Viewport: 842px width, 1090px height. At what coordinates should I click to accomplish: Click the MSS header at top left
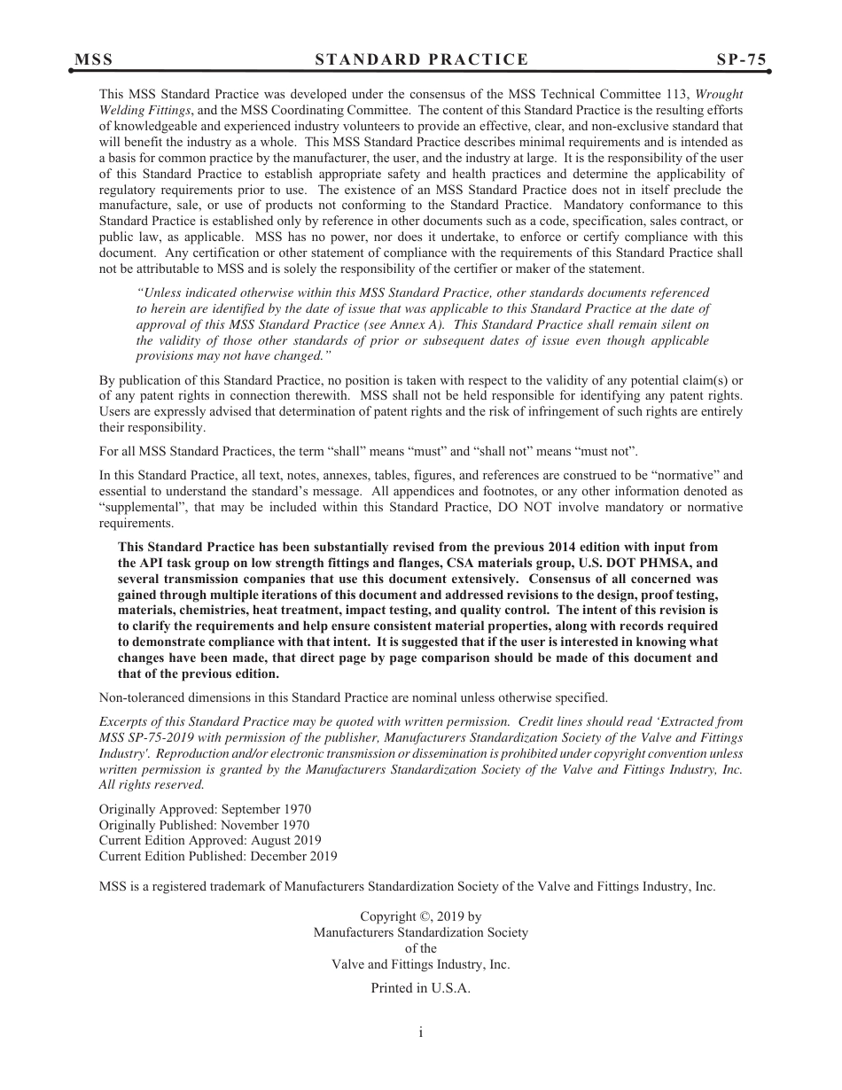(93, 59)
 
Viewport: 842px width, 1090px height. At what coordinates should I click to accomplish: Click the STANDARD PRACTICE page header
(421, 59)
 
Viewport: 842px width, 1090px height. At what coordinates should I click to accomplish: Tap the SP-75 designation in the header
(742, 59)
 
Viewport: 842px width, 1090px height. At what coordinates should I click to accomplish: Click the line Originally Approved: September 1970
(205, 809)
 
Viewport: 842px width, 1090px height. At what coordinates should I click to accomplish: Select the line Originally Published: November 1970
(204, 825)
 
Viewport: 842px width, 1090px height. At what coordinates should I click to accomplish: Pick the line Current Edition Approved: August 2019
(210, 840)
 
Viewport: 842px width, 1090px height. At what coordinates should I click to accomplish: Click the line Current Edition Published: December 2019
(218, 856)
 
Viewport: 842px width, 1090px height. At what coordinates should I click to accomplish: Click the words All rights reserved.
(152, 784)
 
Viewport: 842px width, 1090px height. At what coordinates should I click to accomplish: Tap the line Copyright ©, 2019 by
(420, 917)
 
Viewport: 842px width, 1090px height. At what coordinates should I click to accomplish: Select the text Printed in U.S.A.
(420, 988)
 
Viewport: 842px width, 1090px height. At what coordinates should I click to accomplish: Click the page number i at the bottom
(421, 1032)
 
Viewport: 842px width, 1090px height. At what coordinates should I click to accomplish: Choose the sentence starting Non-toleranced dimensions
(353, 697)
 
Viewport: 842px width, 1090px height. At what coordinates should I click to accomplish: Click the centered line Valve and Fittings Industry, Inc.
(420, 964)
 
